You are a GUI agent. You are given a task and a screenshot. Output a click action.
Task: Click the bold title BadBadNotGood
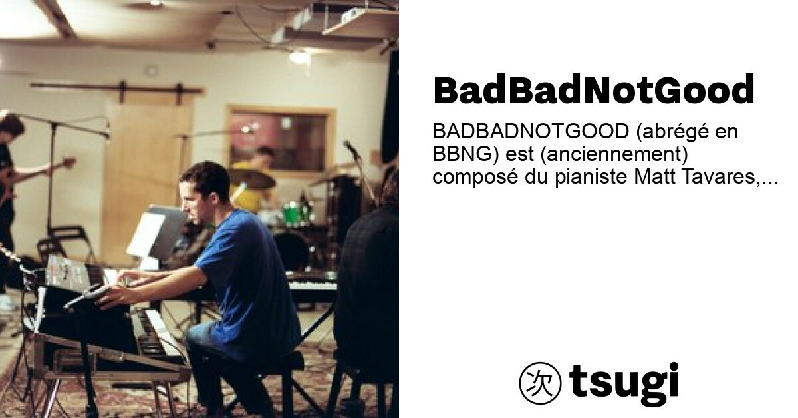[x=593, y=89]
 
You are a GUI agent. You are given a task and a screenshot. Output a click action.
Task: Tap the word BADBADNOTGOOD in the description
[x=531, y=132]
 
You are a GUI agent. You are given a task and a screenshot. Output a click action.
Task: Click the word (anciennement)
[x=614, y=154]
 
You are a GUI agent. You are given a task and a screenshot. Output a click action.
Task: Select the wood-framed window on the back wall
[x=281, y=141]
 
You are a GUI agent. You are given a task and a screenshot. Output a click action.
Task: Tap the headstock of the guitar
[x=67, y=163]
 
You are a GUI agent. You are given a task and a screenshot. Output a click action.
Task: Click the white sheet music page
[x=146, y=236]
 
